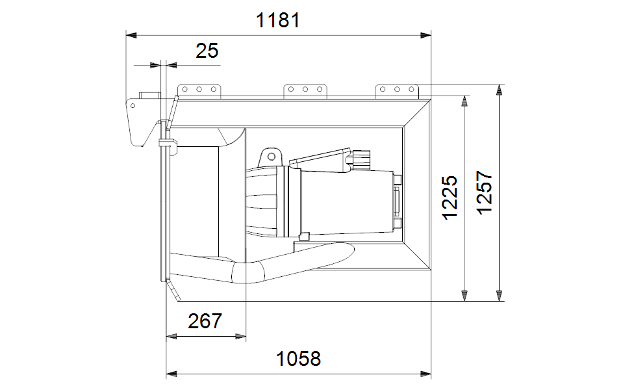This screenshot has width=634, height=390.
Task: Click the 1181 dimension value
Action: (x=278, y=20)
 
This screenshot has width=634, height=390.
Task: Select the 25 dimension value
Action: (x=207, y=51)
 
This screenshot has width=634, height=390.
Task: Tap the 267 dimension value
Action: (x=205, y=321)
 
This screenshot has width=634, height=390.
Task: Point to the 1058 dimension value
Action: (x=298, y=359)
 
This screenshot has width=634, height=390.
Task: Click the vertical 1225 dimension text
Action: (x=450, y=198)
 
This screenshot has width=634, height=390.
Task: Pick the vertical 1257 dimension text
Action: (x=485, y=192)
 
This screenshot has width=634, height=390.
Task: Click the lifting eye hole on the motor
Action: (x=272, y=157)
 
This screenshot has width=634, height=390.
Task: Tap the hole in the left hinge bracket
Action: (x=133, y=106)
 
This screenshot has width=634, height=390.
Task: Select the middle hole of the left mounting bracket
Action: (x=199, y=90)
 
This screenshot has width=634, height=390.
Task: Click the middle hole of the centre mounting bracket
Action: (x=305, y=90)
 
